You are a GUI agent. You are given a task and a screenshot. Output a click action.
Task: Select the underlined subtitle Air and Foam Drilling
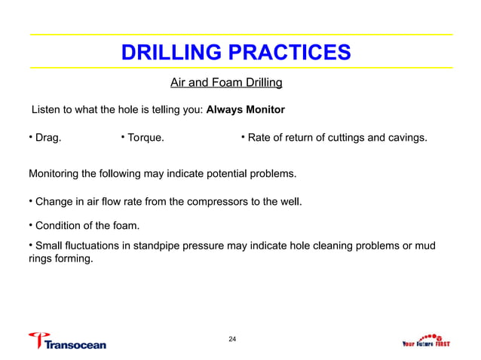[x=226, y=81]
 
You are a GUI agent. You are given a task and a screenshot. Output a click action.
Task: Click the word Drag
[x=47, y=138]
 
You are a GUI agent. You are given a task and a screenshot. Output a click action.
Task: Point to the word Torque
[x=147, y=138]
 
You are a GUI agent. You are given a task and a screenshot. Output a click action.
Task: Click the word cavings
[x=407, y=138]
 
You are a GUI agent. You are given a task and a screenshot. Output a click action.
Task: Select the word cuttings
[x=342, y=138]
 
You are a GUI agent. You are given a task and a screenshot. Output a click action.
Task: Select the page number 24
[x=233, y=340]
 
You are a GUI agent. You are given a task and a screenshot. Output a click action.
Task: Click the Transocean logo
[x=67, y=340]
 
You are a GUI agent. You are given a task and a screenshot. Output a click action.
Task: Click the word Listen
[x=45, y=110]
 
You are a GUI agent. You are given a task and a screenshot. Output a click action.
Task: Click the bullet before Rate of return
[x=244, y=137]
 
